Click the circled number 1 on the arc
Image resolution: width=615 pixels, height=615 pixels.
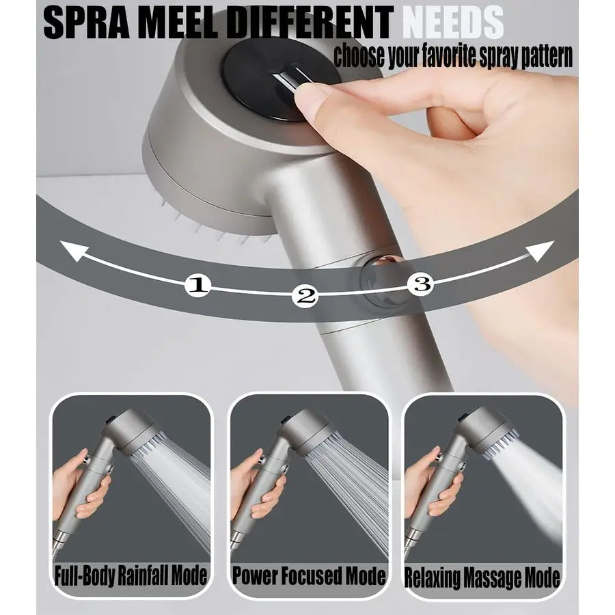197,285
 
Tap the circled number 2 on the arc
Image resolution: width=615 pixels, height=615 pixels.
305,296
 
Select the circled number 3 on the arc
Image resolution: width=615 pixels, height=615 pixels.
421,284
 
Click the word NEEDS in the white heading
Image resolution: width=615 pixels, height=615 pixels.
452,23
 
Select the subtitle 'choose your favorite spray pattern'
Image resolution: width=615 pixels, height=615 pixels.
452,57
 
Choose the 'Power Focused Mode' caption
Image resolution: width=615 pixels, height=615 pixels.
308,575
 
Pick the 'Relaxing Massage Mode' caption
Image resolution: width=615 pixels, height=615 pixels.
482,577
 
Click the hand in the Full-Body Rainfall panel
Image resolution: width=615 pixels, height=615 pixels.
79,485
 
